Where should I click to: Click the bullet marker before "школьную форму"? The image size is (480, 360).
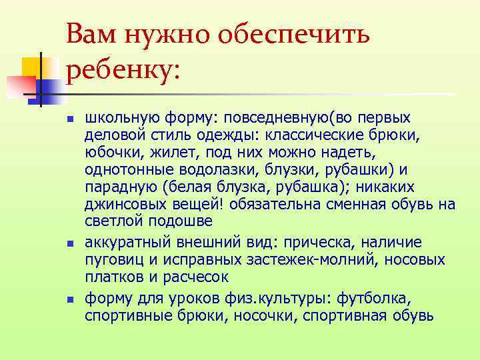(69, 119)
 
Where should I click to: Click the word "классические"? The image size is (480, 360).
(305, 135)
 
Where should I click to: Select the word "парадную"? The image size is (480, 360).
(115, 187)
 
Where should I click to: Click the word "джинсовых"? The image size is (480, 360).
(120, 204)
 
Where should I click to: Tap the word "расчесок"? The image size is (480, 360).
(199, 277)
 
